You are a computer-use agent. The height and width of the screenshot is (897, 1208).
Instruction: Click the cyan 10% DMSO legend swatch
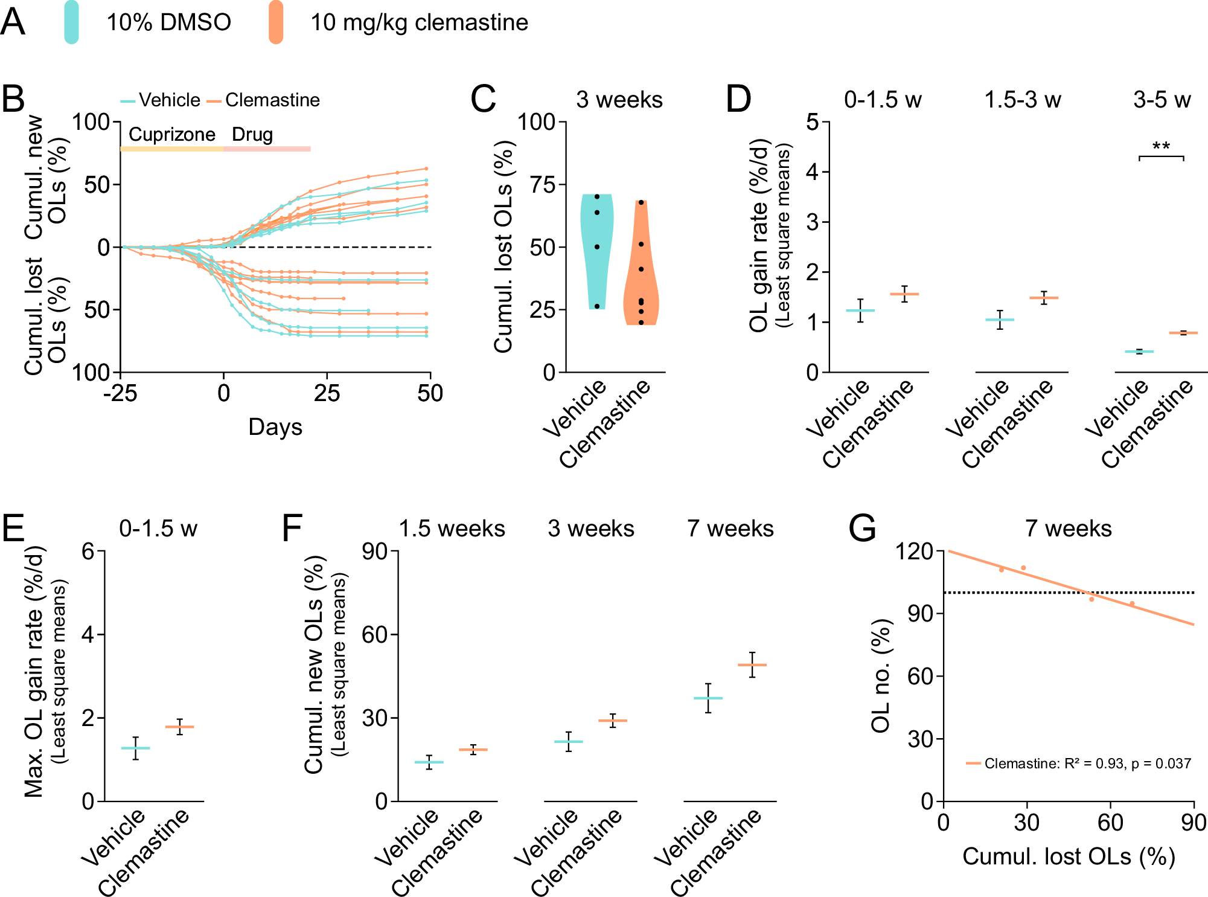[71, 22]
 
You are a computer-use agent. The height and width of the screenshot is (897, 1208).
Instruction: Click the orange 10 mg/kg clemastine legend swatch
[276, 22]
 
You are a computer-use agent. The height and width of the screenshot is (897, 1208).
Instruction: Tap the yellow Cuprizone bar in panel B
[172, 149]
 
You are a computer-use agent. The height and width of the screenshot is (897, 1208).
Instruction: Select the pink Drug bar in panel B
[267, 149]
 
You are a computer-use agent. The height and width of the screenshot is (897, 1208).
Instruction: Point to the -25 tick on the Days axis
[120, 393]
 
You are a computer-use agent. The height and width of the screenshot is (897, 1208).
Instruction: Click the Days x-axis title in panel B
[275, 427]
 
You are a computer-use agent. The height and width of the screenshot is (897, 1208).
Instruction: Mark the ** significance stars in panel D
[1161, 147]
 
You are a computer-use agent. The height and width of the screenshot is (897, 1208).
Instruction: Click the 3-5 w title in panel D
[1162, 100]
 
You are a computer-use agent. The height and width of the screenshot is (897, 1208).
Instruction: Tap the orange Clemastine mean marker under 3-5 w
[1183, 333]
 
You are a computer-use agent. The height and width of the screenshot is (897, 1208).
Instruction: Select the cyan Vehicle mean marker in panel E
[135, 748]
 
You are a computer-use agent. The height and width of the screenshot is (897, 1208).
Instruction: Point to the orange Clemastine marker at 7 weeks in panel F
[752, 665]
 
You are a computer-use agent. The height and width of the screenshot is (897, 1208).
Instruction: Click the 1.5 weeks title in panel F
[452, 529]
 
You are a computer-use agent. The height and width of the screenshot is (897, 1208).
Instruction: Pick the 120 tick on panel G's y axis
[914, 551]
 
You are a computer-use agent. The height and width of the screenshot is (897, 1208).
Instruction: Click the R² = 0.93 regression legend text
[1087, 764]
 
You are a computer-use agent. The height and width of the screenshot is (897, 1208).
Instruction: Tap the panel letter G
[862, 528]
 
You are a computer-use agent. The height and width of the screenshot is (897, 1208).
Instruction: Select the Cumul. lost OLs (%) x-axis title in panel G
[1069, 857]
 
